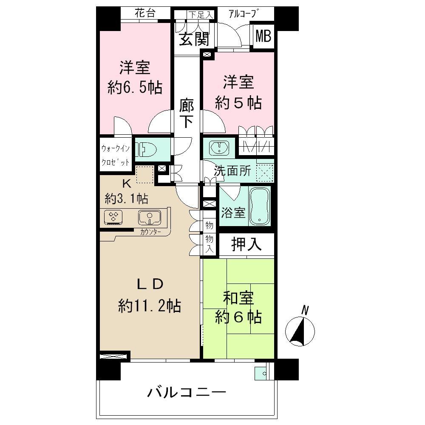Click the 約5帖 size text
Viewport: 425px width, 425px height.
coord(238,103)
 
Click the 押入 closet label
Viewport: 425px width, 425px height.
coord(246,244)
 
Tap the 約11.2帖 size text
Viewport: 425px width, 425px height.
coord(149,305)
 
